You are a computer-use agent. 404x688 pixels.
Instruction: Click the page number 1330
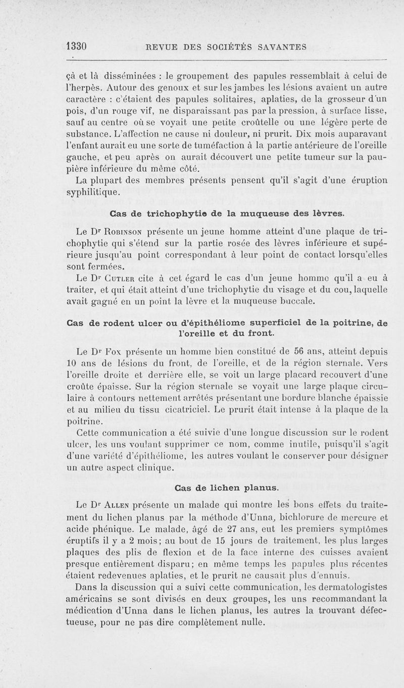(x=77, y=47)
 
